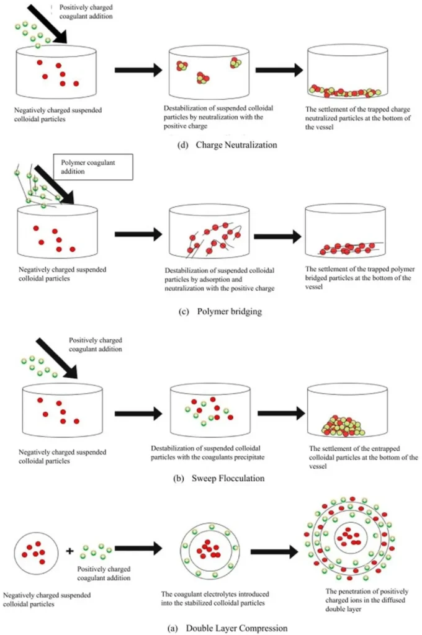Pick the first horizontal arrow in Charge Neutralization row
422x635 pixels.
[x=138, y=69]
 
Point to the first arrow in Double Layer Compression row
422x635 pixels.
[x=138, y=548]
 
